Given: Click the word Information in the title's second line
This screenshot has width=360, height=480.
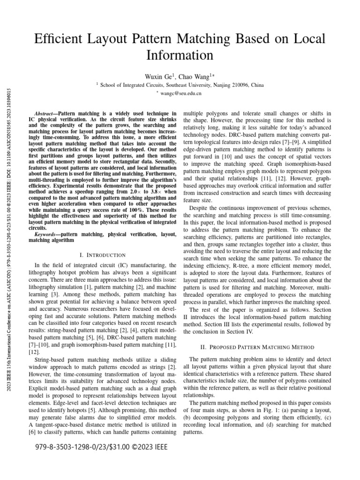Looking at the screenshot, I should pyautogui.click(x=180, y=55).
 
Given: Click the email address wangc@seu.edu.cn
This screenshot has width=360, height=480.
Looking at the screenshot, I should pyautogui.click(x=181, y=93).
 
